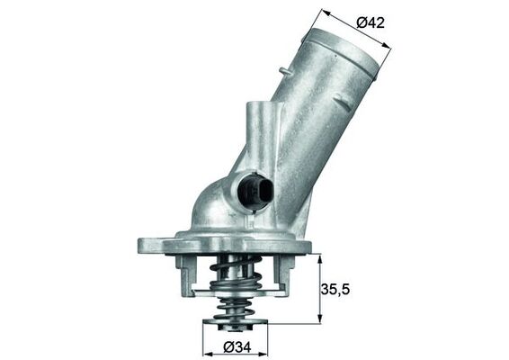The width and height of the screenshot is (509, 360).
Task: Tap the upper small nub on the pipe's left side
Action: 284,70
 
